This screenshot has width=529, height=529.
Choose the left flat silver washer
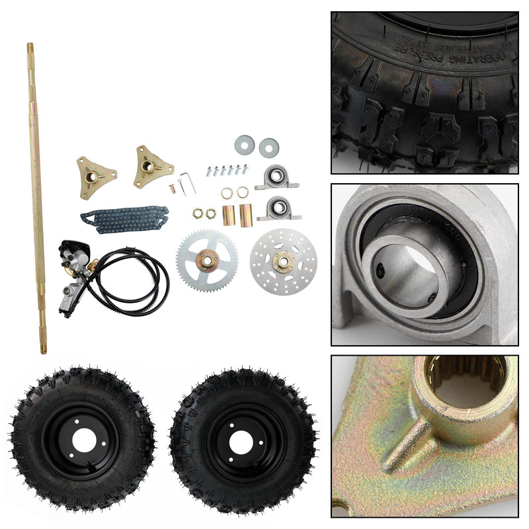pyautogui.click(x=244, y=143)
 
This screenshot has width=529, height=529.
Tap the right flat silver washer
pyautogui.click(x=268, y=146)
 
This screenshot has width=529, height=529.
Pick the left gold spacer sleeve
pyautogui.click(x=228, y=215)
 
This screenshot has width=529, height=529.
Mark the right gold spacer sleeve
pyautogui.click(x=246, y=214)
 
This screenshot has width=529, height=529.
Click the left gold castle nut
pyautogui.click(x=198, y=213)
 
